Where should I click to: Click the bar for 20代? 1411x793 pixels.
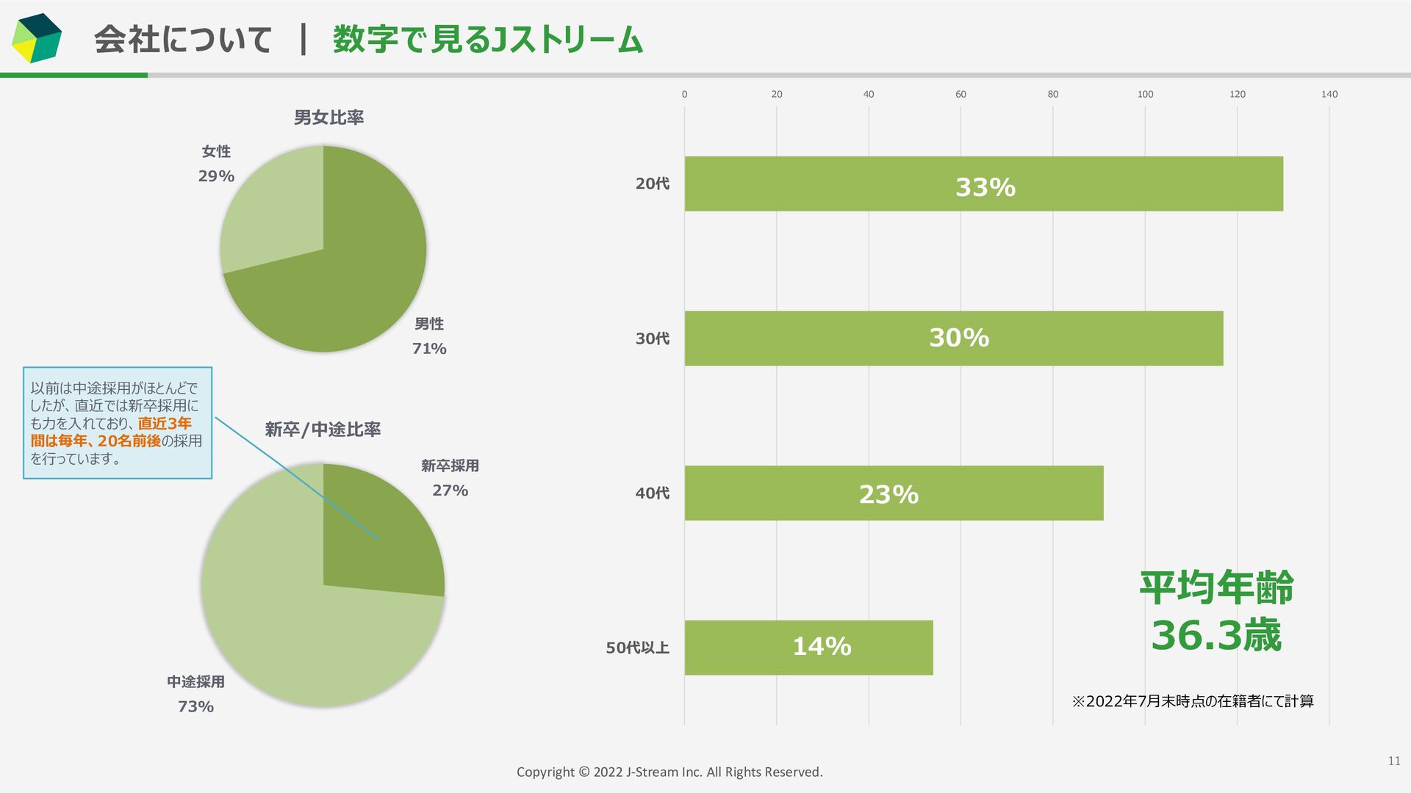(983, 184)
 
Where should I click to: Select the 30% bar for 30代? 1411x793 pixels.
(954, 338)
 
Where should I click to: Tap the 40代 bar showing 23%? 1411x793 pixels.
(894, 493)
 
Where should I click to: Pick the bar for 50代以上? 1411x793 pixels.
(808, 648)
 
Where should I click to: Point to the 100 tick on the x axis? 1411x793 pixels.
(1145, 94)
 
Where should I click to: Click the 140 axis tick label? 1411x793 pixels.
(1329, 94)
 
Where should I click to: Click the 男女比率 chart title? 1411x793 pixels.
(328, 117)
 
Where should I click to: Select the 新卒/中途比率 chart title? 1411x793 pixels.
(323, 430)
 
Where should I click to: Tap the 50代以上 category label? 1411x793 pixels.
(637, 648)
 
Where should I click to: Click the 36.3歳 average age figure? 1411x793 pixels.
(1216, 635)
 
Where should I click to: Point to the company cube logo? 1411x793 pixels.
(36, 38)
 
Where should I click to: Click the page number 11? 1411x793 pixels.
(1393, 761)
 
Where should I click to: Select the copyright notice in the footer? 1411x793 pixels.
(669, 772)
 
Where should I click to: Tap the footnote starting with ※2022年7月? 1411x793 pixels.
(1193, 701)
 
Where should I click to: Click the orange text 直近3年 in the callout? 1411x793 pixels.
(165, 424)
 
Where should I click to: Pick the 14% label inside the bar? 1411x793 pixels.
(822, 647)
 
